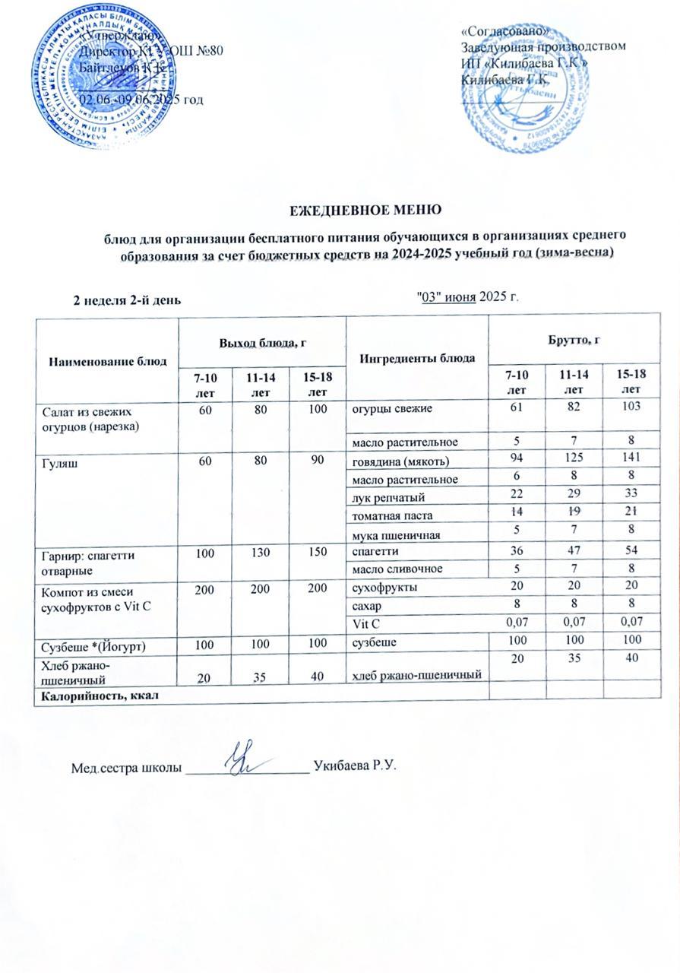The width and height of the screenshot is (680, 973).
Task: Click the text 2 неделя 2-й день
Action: [x=126, y=299]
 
